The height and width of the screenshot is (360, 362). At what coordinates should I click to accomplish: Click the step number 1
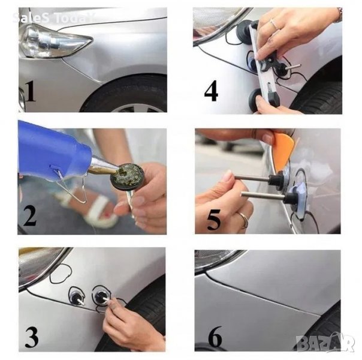point(31,91)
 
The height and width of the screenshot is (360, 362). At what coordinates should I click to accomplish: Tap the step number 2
point(30,216)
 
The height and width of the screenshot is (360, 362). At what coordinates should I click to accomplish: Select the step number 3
point(32,337)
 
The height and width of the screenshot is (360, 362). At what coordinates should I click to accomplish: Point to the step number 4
point(211,91)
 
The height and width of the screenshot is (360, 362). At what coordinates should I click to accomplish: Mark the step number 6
point(215,337)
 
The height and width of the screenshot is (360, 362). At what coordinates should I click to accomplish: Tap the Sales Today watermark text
point(53,18)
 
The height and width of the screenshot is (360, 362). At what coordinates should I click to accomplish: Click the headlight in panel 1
point(55,41)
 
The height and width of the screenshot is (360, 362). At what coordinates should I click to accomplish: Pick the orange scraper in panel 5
point(283,149)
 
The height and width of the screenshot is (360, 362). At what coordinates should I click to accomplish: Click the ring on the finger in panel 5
point(244,220)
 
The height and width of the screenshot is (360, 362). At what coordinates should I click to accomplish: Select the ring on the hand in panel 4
point(275,24)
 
